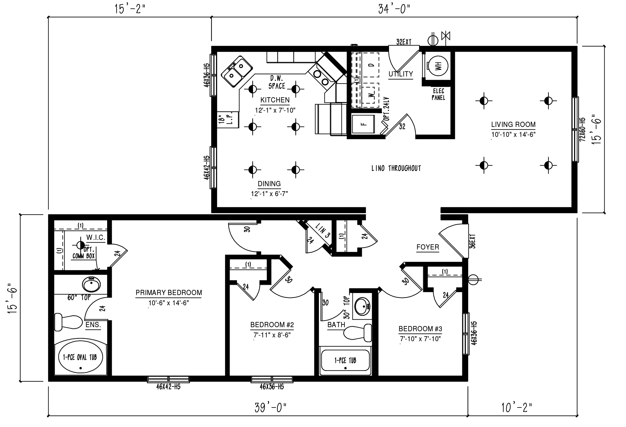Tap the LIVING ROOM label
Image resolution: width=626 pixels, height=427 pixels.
pos(513,125)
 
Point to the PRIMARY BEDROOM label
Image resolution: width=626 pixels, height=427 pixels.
pos(169,293)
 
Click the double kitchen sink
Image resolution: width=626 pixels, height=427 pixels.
pos(237,72)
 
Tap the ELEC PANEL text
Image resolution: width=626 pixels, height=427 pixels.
pos(438,95)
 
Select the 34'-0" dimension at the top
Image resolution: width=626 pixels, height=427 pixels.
pos(394,9)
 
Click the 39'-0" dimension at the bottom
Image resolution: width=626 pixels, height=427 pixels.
pos(271,407)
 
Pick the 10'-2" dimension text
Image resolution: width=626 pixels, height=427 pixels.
pos(517,407)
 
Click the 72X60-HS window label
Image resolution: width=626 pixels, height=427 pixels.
pos(583,129)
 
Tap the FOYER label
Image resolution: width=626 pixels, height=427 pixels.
pos(428,247)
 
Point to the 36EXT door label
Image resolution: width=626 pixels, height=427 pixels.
pos(473,241)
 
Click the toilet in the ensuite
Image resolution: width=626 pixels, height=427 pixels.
pos(68,322)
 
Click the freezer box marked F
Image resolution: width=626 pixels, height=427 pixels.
pos(363,124)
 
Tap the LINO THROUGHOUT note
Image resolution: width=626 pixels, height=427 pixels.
pos(396,168)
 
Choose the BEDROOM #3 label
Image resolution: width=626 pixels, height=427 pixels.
pos(420,329)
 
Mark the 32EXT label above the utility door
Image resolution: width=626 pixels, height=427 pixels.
pos(404,42)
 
